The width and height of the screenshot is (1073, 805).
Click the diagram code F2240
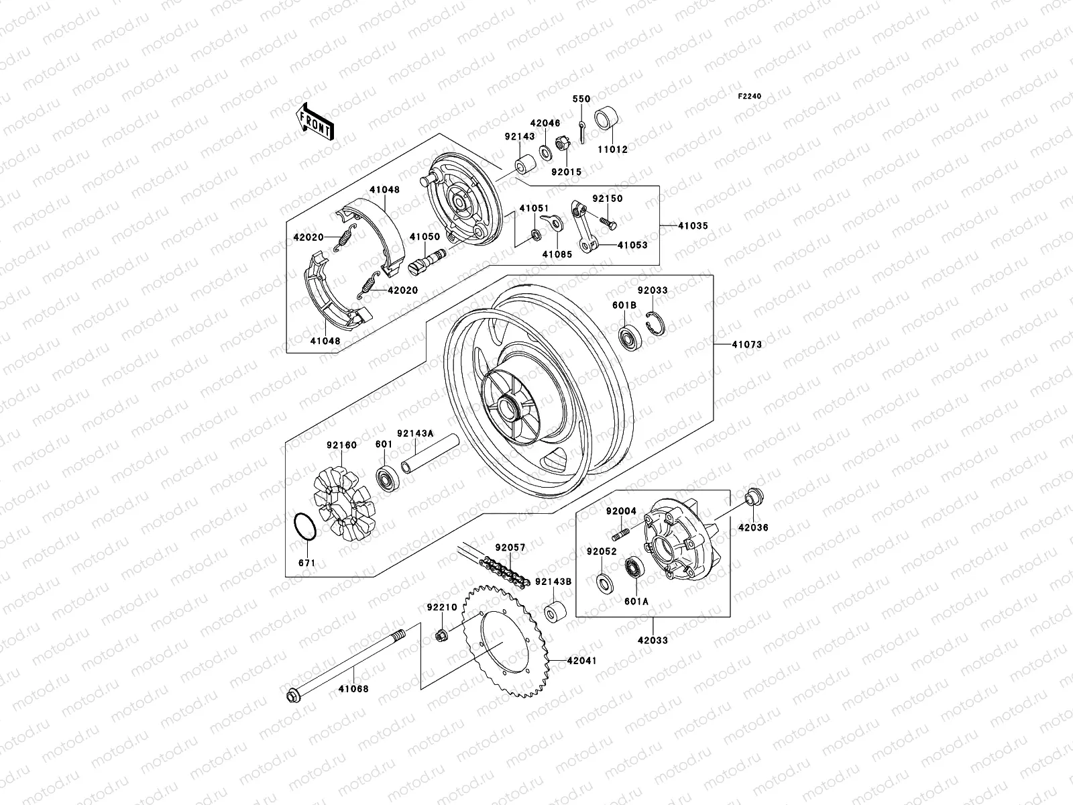pyautogui.click(x=750, y=97)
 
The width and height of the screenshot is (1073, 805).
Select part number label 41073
pyautogui.click(x=746, y=344)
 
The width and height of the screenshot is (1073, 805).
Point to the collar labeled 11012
pyautogui.click(x=607, y=120)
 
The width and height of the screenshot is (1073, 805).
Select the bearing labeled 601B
pyautogui.click(x=629, y=338)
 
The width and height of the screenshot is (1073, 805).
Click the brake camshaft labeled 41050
pyautogui.click(x=429, y=260)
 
